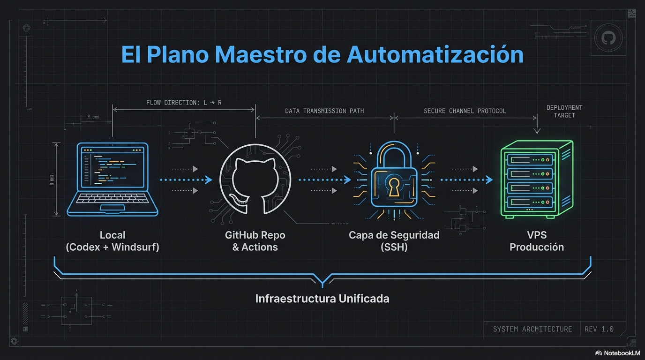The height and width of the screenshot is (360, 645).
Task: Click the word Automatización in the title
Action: tap(435, 54)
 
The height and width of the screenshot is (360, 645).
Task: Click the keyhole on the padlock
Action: tap(394, 186)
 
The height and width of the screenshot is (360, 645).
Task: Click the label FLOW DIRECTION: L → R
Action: tap(184, 103)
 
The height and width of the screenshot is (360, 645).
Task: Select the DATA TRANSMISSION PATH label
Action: tap(324, 111)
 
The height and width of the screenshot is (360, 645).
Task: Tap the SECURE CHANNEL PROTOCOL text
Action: tap(465, 111)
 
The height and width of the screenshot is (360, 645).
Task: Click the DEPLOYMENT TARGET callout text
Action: tap(564, 111)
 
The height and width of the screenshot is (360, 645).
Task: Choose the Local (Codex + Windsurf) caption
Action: tap(112, 241)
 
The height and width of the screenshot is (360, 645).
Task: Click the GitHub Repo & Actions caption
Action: tap(255, 241)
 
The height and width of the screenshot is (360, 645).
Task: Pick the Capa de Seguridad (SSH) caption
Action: tap(394, 241)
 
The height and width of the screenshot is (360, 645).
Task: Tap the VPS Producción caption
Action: tap(537, 241)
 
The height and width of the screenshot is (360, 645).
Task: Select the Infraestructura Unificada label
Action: tap(322, 299)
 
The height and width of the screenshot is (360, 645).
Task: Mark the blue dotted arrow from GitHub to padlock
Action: tap(324, 180)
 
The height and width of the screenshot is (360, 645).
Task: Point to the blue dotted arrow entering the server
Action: tap(466, 180)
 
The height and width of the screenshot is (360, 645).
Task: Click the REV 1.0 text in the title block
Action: tap(599, 329)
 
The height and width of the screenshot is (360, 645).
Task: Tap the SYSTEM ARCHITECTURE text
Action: tap(532, 329)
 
